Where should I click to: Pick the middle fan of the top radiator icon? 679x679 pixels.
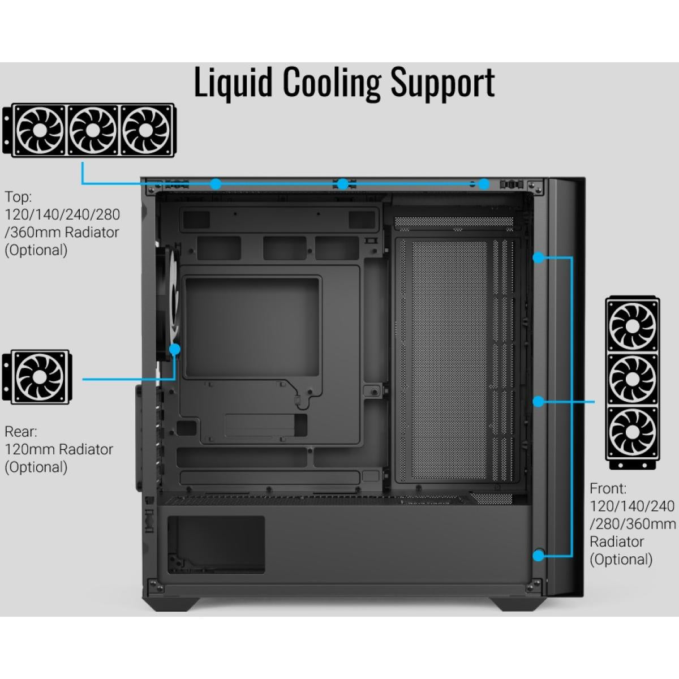[x=92, y=130]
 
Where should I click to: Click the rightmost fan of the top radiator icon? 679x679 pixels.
[x=145, y=130]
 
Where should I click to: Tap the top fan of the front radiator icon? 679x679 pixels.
[x=633, y=326]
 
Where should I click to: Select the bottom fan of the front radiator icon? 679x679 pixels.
[x=633, y=433]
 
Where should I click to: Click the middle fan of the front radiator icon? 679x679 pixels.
[x=633, y=379]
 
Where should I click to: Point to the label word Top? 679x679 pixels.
[x=19, y=197]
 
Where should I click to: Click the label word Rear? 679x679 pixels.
[x=21, y=432]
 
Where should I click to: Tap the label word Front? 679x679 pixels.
[x=608, y=488]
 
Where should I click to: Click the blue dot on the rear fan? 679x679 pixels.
[x=175, y=349]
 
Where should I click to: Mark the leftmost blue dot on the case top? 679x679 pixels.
[x=216, y=183]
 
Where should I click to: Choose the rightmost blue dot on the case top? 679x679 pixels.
[x=483, y=183]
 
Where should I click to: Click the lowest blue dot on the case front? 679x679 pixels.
[x=539, y=556]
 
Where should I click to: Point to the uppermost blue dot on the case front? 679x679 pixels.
[x=539, y=258]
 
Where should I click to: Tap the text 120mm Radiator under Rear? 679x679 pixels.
[x=59, y=449]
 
